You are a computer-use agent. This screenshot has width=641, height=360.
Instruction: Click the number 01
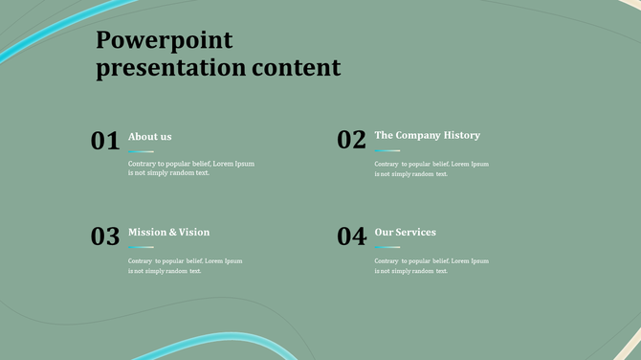click(x=105, y=141)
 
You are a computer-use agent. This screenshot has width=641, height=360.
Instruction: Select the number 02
click(x=351, y=140)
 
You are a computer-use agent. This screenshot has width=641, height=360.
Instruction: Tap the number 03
click(x=105, y=236)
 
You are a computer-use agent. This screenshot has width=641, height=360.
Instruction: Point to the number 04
click(x=351, y=236)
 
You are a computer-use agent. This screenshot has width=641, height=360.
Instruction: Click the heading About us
click(x=150, y=136)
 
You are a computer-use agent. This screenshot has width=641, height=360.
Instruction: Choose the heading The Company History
click(x=427, y=135)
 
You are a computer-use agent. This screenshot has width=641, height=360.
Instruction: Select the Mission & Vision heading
click(x=168, y=232)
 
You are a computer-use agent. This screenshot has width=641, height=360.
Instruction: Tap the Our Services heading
click(x=405, y=232)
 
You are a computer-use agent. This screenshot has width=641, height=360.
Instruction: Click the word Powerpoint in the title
click(x=165, y=40)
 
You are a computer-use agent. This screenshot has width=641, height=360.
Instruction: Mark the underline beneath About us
click(x=141, y=151)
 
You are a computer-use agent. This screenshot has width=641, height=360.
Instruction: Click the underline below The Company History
click(x=387, y=150)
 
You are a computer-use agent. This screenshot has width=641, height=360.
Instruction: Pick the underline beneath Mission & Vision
click(x=141, y=247)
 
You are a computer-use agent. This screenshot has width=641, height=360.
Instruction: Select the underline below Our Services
click(x=387, y=247)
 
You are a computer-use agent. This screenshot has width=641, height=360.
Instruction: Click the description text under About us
click(x=191, y=169)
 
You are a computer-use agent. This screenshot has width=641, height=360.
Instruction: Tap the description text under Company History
click(x=431, y=169)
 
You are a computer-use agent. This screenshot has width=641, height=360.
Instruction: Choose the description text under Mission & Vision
click(x=186, y=265)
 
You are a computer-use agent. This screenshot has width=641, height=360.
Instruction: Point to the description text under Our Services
click(x=431, y=265)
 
